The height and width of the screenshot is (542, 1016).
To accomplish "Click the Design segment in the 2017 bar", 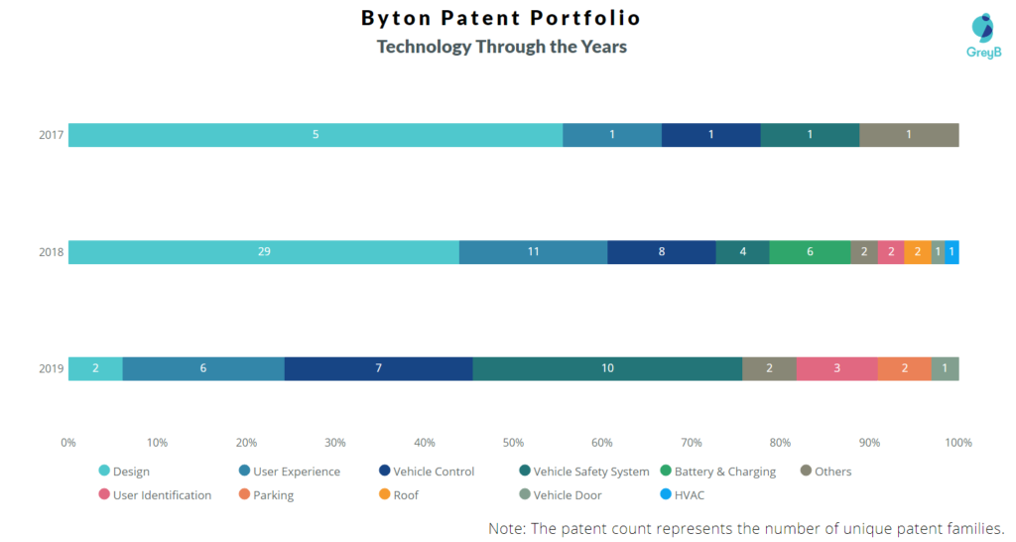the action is click(316, 135).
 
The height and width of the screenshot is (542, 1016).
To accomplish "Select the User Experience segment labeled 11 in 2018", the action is click(533, 252).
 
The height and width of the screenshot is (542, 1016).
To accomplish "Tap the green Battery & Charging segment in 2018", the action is click(810, 252).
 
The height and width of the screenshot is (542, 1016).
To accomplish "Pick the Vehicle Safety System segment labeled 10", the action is click(607, 369).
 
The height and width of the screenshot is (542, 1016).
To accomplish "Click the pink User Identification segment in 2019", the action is click(837, 369).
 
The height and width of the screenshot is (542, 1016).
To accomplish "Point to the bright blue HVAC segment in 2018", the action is click(952, 252).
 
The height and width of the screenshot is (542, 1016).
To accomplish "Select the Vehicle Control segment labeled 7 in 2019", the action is click(378, 369).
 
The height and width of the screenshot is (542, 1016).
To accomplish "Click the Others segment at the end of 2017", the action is click(909, 135).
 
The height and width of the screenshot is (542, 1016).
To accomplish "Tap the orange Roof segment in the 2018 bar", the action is click(918, 252).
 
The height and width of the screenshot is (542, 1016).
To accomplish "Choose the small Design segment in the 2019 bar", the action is click(95, 369).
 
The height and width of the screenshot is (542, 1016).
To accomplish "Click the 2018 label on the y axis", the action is click(52, 252).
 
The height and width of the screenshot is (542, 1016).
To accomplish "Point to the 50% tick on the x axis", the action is click(513, 443).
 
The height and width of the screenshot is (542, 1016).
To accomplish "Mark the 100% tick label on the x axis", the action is click(958, 443).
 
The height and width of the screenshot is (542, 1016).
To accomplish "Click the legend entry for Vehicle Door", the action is click(561, 495).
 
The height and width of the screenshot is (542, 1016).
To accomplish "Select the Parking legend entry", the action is click(266, 495).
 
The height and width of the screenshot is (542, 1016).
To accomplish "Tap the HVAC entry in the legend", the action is click(682, 495).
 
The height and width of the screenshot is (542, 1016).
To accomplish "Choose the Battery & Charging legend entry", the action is click(718, 472).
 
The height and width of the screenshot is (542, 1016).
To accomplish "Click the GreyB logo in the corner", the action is click(983, 37).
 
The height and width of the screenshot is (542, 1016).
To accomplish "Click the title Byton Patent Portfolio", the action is click(501, 18).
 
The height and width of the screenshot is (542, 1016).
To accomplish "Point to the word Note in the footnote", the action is click(505, 528).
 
